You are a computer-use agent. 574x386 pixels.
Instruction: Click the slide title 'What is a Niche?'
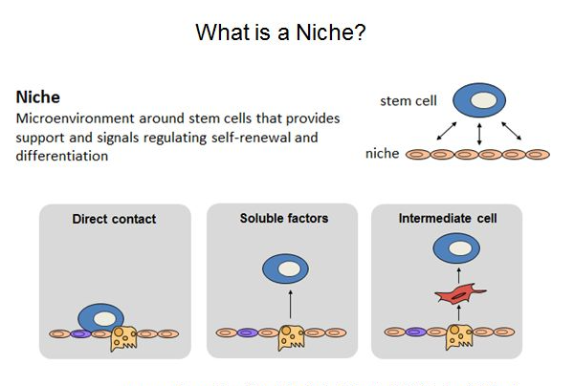(x=280, y=32)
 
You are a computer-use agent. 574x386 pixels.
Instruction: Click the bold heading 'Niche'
(x=37, y=97)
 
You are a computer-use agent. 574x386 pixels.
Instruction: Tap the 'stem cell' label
(x=408, y=101)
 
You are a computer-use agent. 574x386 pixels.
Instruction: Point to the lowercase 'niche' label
(x=382, y=153)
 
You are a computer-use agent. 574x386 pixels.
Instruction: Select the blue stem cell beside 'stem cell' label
(x=479, y=100)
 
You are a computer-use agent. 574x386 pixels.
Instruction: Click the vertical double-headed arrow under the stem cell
(x=479, y=134)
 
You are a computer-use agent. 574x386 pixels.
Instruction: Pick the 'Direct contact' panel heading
(x=114, y=219)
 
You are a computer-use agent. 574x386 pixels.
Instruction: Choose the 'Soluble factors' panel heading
(x=284, y=218)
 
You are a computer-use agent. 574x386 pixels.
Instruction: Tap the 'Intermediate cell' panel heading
(x=448, y=218)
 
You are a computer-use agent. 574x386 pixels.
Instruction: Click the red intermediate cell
(x=459, y=294)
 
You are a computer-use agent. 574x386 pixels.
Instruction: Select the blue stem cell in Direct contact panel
(x=101, y=317)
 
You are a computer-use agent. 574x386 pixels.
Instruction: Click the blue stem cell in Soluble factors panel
(x=285, y=269)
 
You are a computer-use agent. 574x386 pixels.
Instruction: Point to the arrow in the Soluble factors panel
(x=290, y=305)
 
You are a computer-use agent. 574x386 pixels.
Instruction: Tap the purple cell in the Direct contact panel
(x=80, y=333)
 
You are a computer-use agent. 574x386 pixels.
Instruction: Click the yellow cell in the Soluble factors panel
(x=291, y=337)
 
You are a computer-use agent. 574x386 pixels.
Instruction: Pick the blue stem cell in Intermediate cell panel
(x=456, y=248)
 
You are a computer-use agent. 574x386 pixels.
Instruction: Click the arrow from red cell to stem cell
(x=458, y=275)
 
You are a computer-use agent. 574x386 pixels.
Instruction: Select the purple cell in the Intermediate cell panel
(x=416, y=332)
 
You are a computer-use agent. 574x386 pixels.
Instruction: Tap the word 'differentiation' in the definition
(x=62, y=156)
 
